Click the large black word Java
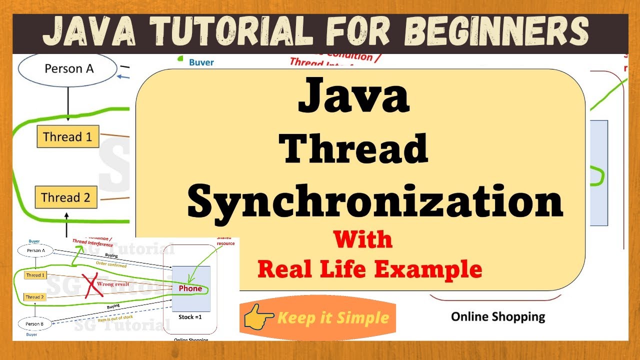[x=353, y=95]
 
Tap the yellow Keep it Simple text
[x=333, y=317]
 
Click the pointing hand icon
[x=257, y=316]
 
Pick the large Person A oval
[x=69, y=68]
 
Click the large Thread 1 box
[x=67, y=136]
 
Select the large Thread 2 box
[x=65, y=197]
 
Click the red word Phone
[x=190, y=288]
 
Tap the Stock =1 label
[x=190, y=317]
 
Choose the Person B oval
[x=35, y=323]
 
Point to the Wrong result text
[x=113, y=284]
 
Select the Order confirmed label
[x=110, y=264]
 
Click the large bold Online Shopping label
[x=497, y=316]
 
